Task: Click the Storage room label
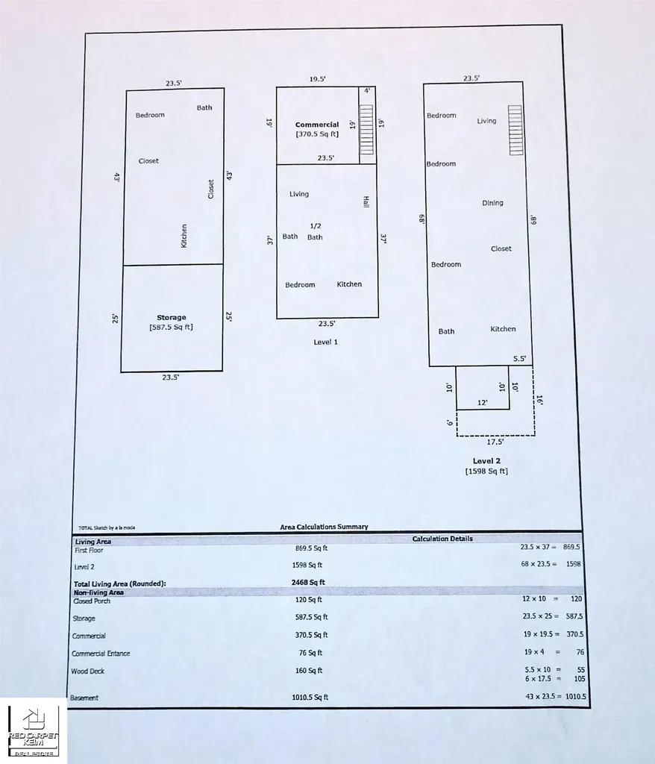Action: pos(171,317)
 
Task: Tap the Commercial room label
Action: pos(317,125)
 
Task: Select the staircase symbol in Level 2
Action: pos(515,130)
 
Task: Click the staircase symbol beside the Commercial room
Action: pos(366,130)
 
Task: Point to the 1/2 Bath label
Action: pos(316,231)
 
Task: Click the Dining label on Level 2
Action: pos(492,203)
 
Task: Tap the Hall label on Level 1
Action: pos(366,201)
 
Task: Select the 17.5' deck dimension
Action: pos(495,442)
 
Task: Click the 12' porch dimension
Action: pos(483,402)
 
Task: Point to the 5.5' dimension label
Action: pos(519,359)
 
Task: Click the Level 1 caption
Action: pos(325,342)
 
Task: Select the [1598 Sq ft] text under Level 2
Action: pos(486,472)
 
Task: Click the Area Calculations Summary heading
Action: pos(324,527)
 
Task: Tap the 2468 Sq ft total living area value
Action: pos(308,582)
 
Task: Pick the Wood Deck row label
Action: pos(88,671)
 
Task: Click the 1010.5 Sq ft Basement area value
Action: pos(310,698)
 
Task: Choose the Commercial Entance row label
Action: pos(101,654)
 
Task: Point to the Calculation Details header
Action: pos(442,539)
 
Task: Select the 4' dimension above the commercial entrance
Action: pos(367,90)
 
